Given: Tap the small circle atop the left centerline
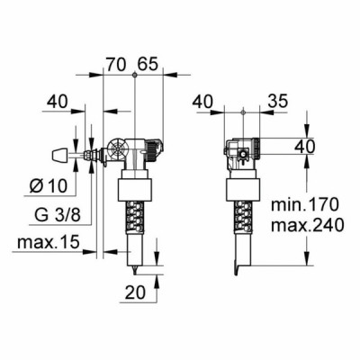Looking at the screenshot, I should pos(134,76).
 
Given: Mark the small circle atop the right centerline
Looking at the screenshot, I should pos(245,112).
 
